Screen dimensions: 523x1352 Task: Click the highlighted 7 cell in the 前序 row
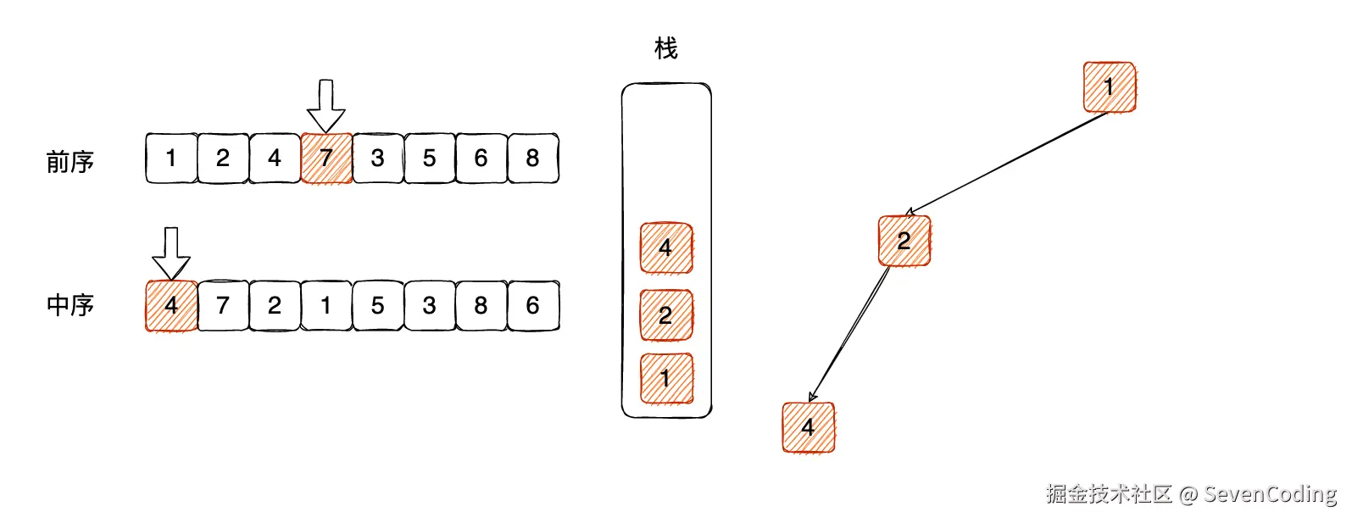coord(326,158)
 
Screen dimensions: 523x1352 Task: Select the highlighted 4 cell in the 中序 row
coord(171,305)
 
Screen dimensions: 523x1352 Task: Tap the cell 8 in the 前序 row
coord(532,158)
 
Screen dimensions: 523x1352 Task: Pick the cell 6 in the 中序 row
coord(532,305)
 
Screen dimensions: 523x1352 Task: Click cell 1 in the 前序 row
coord(171,158)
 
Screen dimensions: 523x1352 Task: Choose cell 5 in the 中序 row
coord(378,305)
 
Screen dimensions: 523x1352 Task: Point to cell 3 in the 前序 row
coord(378,158)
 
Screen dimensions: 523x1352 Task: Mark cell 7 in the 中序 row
coord(223,305)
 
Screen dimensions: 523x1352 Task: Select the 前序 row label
coord(70,161)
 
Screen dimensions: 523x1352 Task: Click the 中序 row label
coord(70,305)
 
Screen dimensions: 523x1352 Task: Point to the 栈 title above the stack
coord(666,48)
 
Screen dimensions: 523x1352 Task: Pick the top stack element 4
coord(666,248)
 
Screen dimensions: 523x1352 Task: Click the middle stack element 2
coord(666,314)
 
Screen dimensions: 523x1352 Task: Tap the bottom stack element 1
coord(666,378)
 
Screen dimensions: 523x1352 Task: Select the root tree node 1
coord(1110,86)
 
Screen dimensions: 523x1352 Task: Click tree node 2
coord(904,241)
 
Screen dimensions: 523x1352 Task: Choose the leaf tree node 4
coord(809,427)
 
